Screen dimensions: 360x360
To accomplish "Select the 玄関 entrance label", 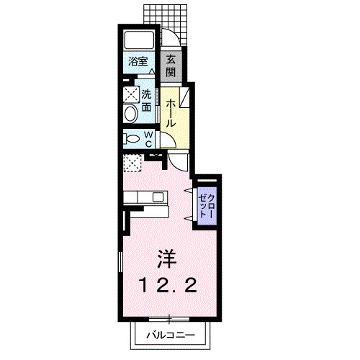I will coord(171,65).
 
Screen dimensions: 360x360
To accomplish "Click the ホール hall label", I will coord(171,113).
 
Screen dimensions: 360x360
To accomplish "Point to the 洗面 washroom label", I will coord(146,99).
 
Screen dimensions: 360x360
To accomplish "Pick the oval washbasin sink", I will coord(130,114).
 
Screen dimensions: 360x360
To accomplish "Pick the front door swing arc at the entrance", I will coord(169,40).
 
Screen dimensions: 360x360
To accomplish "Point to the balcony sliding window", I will coord(168,318).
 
